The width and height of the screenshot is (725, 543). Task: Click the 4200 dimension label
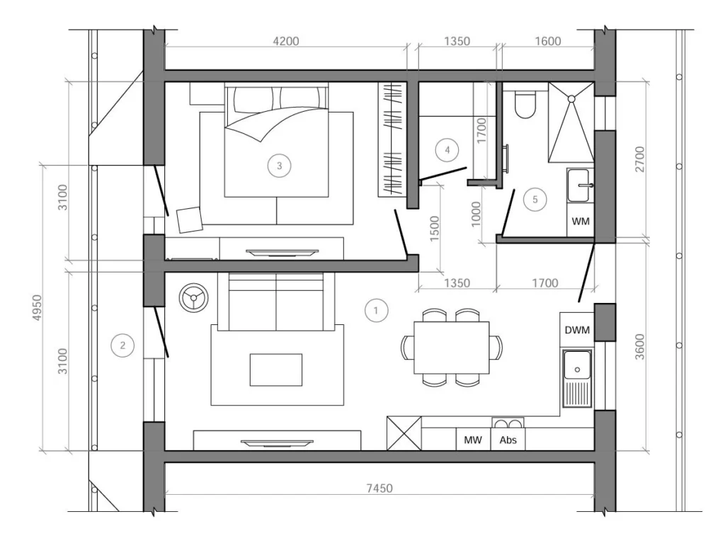[x=286, y=41]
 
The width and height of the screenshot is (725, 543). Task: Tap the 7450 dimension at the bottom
[x=379, y=488]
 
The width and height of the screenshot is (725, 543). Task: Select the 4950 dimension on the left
[x=37, y=307]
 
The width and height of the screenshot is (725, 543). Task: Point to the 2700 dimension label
[x=639, y=159]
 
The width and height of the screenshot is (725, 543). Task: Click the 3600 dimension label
[x=639, y=347]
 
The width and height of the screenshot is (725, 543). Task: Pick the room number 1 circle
[x=376, y=310]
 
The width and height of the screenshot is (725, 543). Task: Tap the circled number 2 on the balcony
[x=122, y=345]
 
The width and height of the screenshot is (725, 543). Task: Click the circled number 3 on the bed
[x=279, y=166]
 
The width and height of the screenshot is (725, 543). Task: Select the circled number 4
[x=447, y=150]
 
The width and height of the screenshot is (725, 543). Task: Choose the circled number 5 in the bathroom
[x=535, y=200]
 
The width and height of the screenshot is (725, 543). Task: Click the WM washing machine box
[x=581, y=221]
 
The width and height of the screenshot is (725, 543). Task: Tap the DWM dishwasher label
[x=577, y=330]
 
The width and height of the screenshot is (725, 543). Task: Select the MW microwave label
[x=472, y=440]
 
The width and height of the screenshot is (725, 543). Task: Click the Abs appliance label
[x=508, y=440]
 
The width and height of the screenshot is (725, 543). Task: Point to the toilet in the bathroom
[x=525, y=103]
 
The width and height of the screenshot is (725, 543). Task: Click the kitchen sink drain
[x=577, y=370]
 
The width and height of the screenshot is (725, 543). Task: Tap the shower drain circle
[x=571, y=99]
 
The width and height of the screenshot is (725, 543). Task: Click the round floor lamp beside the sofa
[x=194, y=297]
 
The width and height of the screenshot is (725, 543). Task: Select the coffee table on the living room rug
[x=276, y=370]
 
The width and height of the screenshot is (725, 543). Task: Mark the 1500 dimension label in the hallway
[x=435, y=229]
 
